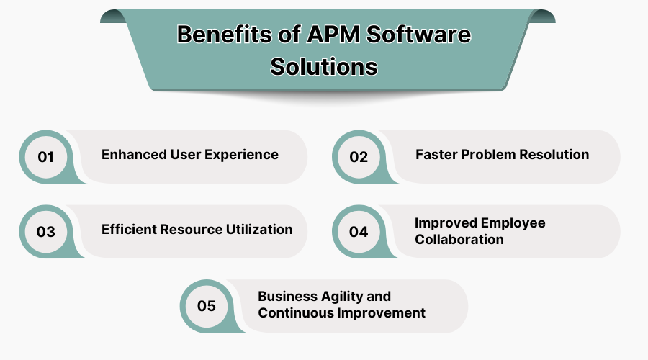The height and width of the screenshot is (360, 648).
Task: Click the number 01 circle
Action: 46,156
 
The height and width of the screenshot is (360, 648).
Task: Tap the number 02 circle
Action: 359,156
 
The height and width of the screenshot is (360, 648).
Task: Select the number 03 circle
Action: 46,232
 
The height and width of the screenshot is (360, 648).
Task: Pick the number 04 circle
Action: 359,232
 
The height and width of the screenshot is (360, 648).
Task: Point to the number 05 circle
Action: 207,306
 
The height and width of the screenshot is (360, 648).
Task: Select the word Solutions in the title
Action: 324,66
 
